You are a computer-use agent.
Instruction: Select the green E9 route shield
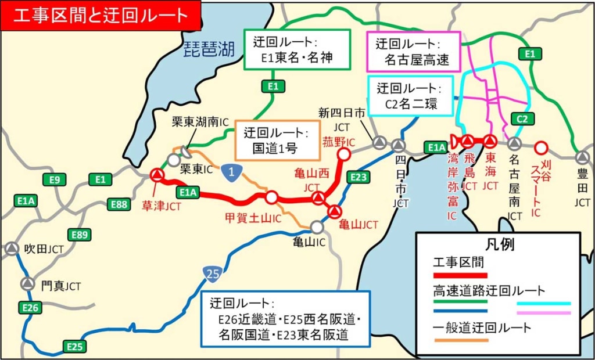point(55,179)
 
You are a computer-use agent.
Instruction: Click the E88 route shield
point(119,204)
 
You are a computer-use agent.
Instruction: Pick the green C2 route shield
point(522,119)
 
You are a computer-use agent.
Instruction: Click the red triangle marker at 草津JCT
point(157,175)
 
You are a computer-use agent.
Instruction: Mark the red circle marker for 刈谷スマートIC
point(541,147)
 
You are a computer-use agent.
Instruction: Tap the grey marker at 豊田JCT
point(582,157)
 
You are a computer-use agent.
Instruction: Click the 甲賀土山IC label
point(253,218)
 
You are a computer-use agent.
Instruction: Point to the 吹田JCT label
point(44,249)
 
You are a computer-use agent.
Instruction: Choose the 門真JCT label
point(60,286)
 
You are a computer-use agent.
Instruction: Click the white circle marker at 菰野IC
point(343,154)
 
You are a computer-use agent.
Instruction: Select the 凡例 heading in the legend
point(499,244)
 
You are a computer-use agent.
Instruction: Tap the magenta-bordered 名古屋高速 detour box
point(413,52)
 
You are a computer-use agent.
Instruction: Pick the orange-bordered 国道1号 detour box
point(277,141)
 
